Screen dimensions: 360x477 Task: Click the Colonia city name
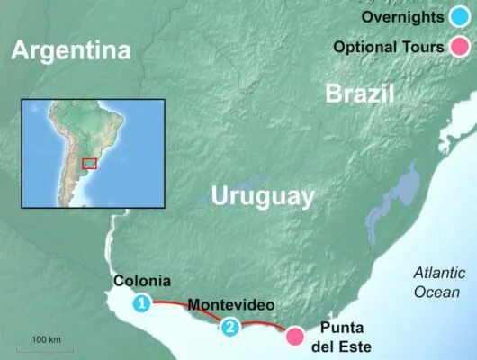click(142, 281)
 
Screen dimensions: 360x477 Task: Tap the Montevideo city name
click(231, 305)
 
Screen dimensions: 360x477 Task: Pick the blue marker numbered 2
click(231, 328)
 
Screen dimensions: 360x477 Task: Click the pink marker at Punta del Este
click(294, 337)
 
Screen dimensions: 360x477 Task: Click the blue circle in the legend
click(458, 18)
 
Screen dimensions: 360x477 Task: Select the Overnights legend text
click(399, 18)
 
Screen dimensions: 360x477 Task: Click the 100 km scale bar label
click(46, 338)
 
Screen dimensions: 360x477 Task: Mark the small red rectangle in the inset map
click(89, 163)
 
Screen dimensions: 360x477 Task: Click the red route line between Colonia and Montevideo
click(184, 306)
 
